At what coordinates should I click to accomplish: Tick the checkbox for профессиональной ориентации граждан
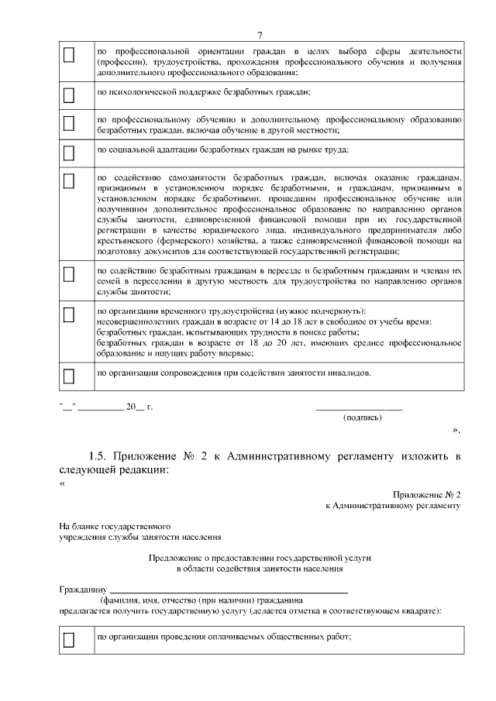point(68,54)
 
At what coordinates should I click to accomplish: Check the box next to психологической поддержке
point(68,95)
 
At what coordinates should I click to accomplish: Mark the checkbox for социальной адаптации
point(68,151)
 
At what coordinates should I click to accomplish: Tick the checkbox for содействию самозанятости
point(68,180)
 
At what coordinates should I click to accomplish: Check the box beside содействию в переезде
point(68,274)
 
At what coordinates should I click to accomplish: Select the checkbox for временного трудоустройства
point(68,314)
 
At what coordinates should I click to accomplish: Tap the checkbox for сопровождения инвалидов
point(68,376)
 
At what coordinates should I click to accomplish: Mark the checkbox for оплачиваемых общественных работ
point(68,640)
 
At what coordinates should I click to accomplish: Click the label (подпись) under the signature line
point(362,418)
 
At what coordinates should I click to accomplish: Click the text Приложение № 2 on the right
point(427,493)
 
